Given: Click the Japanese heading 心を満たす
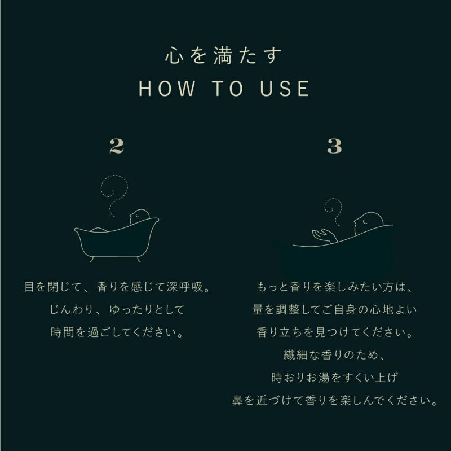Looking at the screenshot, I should coord(225,56).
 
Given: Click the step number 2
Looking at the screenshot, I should coord(116,146).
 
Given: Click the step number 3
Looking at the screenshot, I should coord(334,146).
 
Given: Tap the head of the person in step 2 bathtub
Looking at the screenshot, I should coord(139,216).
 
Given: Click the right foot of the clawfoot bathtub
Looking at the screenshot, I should coord(137,258).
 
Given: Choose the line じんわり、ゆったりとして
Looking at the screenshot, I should coord(117,309).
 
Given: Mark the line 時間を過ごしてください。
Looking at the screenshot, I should coord(117,332).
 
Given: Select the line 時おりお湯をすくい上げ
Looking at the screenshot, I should coord(334,378).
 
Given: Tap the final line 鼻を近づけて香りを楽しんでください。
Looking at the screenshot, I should coord(334,401).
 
